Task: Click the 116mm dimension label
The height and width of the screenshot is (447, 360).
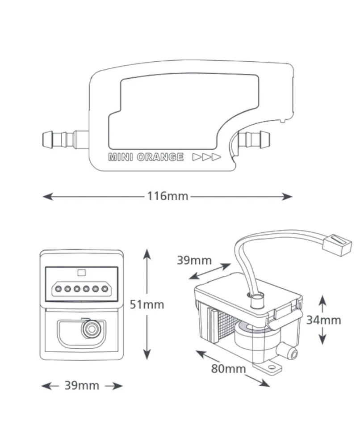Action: coord(167,196)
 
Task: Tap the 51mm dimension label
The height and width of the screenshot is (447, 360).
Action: coord(147,304)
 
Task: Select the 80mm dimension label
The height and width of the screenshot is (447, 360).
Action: coord(228,369)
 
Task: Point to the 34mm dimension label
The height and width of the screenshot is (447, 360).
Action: coord(323,320)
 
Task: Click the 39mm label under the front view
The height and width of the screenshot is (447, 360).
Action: coord(82,385)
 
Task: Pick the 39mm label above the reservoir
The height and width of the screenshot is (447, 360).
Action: coord(194,260)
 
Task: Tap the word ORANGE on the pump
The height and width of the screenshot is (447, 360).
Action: coord(160,157)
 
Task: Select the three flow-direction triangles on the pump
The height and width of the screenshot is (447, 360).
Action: coord(206,157)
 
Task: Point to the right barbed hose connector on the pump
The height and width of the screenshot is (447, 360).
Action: coord(254,139)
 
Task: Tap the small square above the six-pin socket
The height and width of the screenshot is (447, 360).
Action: coord(81,273)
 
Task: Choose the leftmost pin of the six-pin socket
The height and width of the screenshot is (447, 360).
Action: coord(59,289)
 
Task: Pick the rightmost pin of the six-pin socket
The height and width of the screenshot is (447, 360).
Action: coord(105,289)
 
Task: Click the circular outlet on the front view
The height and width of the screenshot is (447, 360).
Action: coord(92,329)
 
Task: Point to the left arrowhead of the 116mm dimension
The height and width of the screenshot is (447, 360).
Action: coord(48,196)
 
